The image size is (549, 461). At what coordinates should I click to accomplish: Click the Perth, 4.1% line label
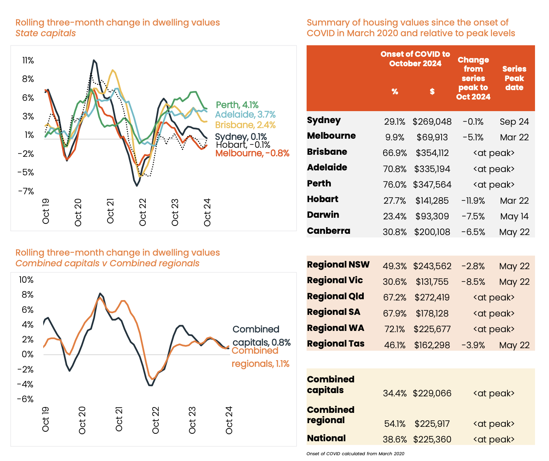tap(237, 105)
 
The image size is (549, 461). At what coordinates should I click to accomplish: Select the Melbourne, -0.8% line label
tap(252, 154)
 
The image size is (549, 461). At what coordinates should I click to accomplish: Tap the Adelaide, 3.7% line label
tap(245, 114)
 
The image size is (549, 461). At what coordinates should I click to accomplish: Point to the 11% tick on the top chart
tap(28, 61)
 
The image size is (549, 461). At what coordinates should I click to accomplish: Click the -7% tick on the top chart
tap(27, 191)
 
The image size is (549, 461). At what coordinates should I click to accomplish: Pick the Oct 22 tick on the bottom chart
tap(156, 420)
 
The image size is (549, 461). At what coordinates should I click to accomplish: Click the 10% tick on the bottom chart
tap(26, 280)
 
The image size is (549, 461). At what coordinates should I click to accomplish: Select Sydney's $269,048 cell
tap(432, 122)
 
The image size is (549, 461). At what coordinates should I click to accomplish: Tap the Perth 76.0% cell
tap(395, 185)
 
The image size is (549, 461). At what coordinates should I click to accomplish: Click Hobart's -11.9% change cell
tap(473, 201)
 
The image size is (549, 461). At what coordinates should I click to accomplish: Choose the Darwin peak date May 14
tap(514, 217)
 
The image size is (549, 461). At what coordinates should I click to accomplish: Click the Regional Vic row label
tap(335, 280)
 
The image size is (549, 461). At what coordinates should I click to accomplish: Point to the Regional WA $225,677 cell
tap(432, 329)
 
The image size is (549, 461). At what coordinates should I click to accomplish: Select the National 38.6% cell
tap(395, 440)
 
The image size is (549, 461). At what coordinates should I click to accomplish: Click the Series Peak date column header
tap(514, 78)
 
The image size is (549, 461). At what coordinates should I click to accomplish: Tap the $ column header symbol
tap(432, 91)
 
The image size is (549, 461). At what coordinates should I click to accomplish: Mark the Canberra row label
tap(328, 231)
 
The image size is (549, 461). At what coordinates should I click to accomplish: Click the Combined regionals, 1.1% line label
tap(260, 357)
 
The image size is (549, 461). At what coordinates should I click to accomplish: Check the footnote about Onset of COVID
tap(355, 454)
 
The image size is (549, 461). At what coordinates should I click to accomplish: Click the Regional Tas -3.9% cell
tap(473, 345)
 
